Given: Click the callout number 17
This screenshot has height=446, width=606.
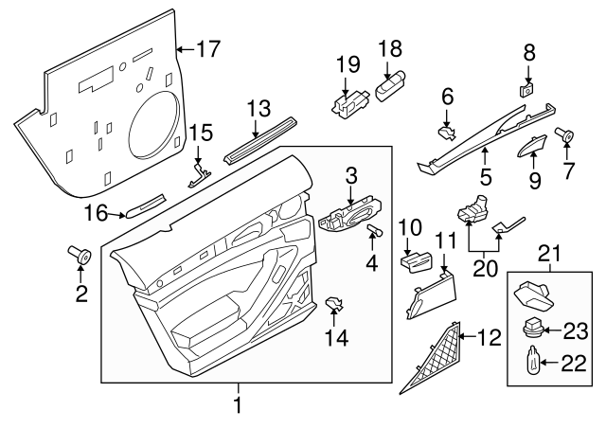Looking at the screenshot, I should pos(207,46).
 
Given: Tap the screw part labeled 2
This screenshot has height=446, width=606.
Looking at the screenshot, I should pos(80,255).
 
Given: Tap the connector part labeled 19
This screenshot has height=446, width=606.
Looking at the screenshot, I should pos(347,100).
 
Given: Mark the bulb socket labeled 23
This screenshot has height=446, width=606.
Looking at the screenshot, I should pos(538,330).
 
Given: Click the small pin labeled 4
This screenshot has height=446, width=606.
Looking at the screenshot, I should pos(373,232).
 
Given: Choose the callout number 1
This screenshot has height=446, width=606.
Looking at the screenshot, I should pos(239,406).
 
